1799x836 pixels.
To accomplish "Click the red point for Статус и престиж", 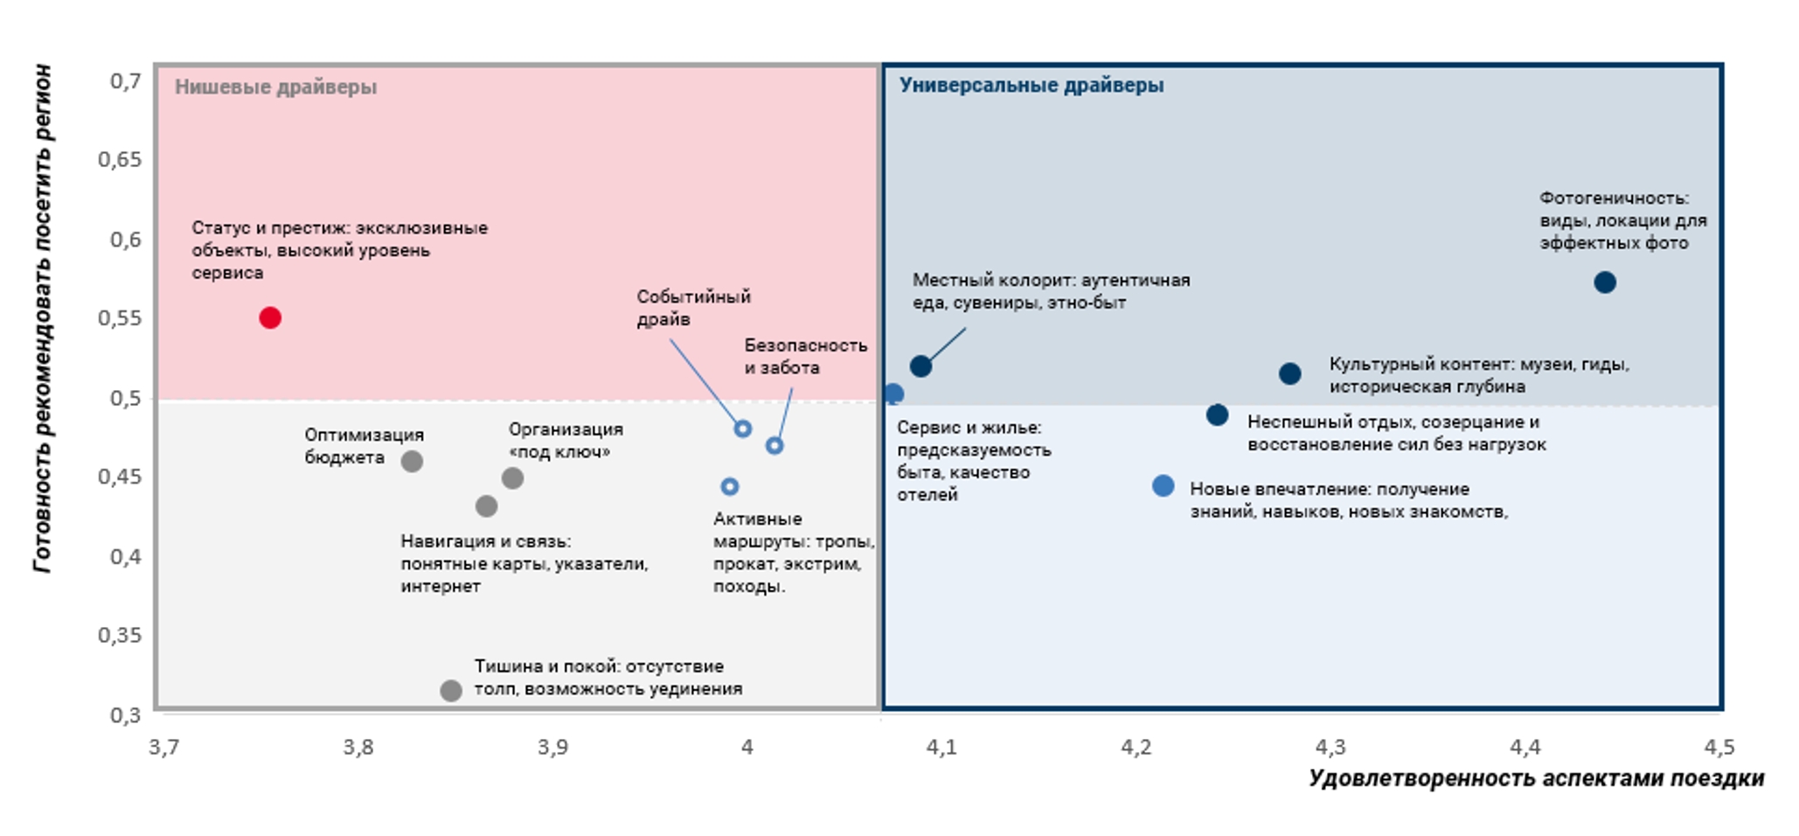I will pyautogui.click(x=270, y=317).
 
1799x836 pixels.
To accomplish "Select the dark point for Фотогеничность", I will pyautogui.click(x=1604, y=282).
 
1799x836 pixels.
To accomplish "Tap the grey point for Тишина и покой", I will pyautogui.click(x=450, y=691).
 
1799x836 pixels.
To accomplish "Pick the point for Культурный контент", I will pyautogui.click(x=1289, y=373).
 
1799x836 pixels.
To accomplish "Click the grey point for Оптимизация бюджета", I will pyautogui.click(x=412, y=461).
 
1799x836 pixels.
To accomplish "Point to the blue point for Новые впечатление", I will pyautogui.click(x=1163, y=485).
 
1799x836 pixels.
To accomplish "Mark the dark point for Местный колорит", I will pyautogui.click(x=920, y=366).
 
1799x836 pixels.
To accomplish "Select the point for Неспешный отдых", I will pyautogui.click(x=1217, y=415).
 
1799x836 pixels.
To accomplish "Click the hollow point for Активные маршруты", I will pyautogui.click(x=730, y=486).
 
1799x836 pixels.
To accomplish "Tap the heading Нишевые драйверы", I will pyautogui.click(x=275, y=87).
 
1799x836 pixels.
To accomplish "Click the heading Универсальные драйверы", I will pyautogui.click(x=1031, y=85).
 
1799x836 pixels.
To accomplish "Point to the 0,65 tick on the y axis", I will pyautogui.click(x=120, y=159).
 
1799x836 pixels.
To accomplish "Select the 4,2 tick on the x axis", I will pyautogui.click(x=1136, y=747).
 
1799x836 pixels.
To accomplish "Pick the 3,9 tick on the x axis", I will pyautogui.click(x=552, y=747).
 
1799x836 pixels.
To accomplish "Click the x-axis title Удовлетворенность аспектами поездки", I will pyautogui.click(x=1536, y=778).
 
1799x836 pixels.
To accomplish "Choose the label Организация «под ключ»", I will pyautogui.click(x=565, y=441).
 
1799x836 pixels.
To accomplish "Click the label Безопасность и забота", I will pyautogui.click(x=805, y=357).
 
